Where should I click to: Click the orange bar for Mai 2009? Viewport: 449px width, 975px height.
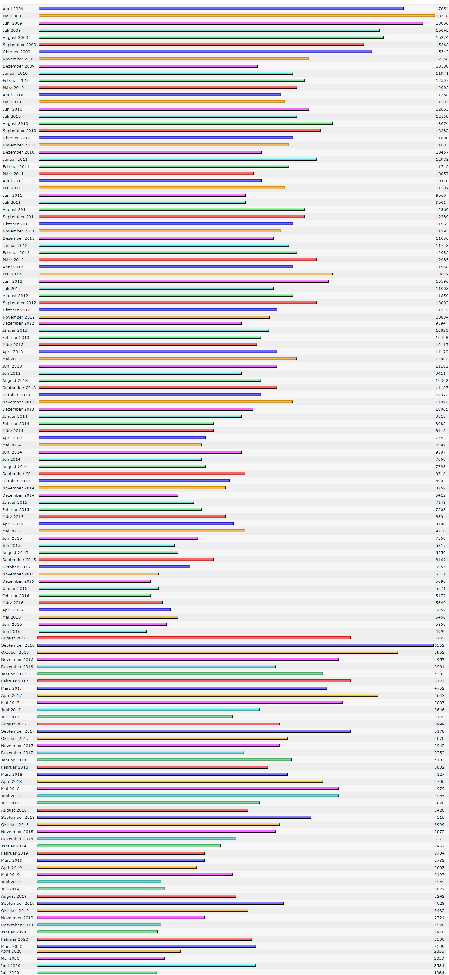[237, 16]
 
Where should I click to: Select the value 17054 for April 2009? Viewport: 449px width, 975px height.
[442, 9]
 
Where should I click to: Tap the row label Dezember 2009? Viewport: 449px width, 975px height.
[19, 66]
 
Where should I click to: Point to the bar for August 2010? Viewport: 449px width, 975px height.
[186, 123]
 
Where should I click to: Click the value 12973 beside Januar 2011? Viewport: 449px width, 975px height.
[442, 159]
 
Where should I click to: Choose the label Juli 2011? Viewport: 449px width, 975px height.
[12, 203]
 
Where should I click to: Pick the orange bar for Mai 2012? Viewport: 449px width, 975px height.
[186, 274]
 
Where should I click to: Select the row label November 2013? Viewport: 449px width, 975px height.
[18, 402]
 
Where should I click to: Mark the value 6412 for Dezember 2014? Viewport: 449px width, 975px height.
[440, 495]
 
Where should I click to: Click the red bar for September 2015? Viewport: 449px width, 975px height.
[126, 559]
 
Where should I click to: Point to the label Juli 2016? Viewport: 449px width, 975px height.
[11, 631]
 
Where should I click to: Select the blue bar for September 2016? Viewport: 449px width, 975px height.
[235, 645]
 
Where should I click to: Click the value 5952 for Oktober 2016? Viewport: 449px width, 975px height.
[439, 653]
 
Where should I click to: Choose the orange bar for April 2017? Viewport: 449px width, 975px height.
[207, 695]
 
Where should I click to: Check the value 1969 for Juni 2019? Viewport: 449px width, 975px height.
[439, 882]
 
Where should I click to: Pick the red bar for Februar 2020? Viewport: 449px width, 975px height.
[145, 939]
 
